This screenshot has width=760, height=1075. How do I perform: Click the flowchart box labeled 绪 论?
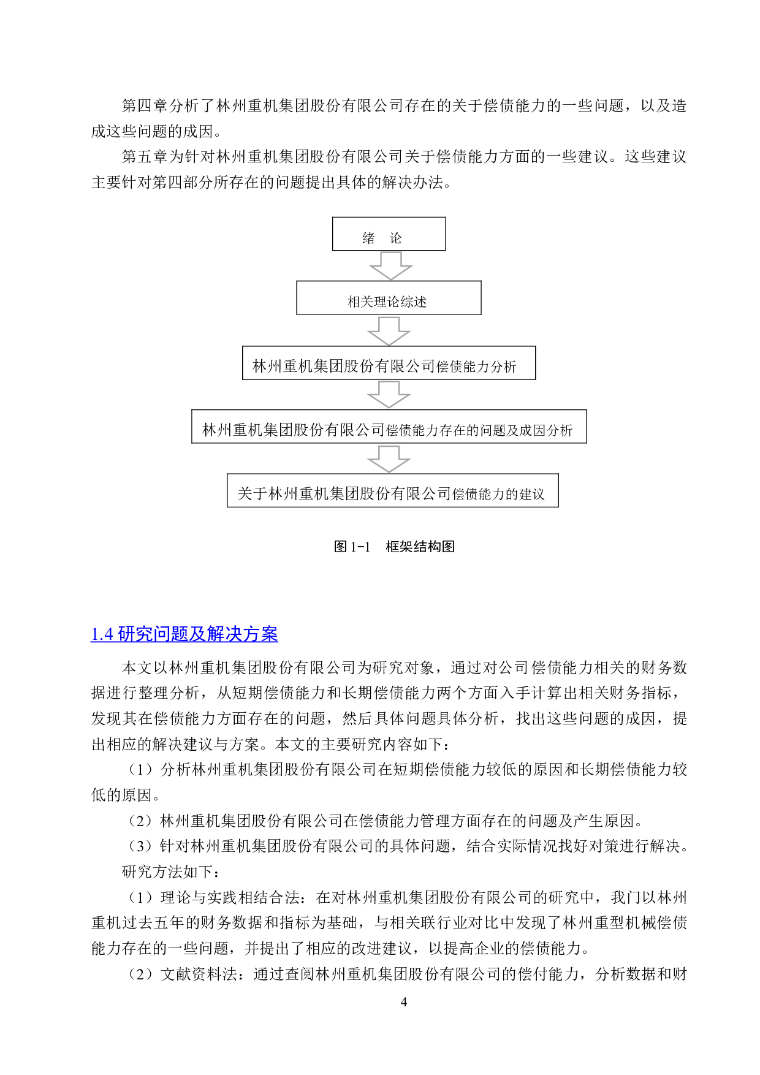click(389, 234)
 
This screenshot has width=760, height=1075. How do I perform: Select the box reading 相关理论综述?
click(389, 298)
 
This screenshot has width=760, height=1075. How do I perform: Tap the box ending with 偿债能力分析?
click(389, 363)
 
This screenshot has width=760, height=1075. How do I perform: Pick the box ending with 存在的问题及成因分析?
click(389, 427)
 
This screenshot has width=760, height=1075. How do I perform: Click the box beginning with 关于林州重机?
click(392, 490)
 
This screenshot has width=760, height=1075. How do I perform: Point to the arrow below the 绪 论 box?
click(390, 265)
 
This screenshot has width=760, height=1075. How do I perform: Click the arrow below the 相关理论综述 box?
click(389, 331)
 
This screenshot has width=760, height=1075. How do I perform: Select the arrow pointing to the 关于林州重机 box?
click(389, 459)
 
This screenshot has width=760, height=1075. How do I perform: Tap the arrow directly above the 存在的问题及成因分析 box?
click(389, 395)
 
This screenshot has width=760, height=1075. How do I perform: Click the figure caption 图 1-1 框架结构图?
click(394, 547)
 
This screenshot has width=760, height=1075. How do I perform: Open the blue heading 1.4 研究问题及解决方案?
click(184, 634)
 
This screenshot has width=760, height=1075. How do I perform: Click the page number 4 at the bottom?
click(403, 1002)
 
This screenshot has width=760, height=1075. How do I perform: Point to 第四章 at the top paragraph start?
click(145, 105)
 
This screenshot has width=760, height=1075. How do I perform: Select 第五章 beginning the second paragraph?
click(145, 157)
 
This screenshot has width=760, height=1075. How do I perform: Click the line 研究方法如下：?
click(171, 872)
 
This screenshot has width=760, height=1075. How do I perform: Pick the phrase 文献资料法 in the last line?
click(199, 974)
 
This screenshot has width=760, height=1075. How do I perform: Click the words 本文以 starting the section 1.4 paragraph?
click(145, 667)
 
